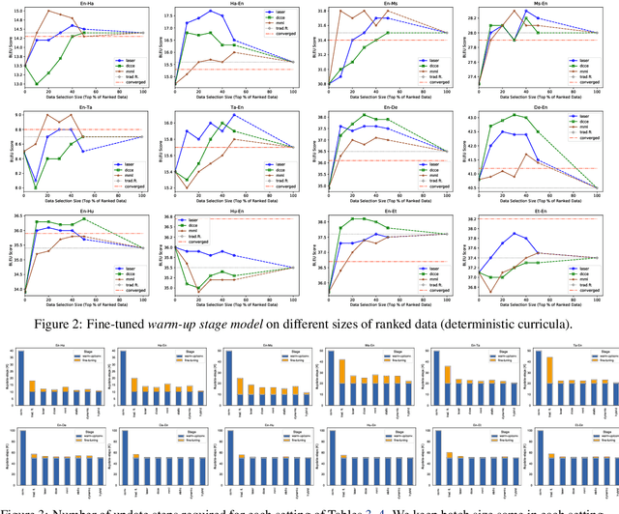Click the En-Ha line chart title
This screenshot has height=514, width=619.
(x=90, y=4)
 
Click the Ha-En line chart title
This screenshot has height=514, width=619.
(x=239, y=4)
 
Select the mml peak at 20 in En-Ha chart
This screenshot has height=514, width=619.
(x=48, y=11)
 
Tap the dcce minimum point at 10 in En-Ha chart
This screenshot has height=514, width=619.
(x=37, y=84)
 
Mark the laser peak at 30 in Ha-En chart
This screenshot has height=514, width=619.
(x=211, y=12)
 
